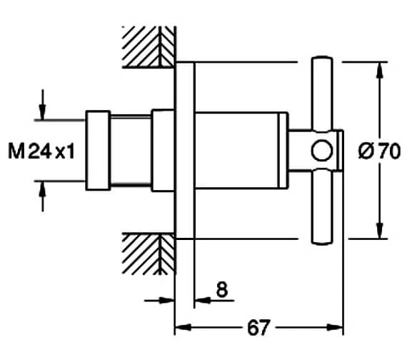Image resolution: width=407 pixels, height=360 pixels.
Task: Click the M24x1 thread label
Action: point(41,151)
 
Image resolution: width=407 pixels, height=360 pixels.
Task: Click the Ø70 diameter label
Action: point(379,151)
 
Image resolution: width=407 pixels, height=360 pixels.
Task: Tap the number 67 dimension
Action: point(258,328)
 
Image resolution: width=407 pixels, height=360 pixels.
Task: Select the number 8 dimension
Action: point(222,289)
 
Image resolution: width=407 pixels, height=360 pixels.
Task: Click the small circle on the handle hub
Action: point(322,151)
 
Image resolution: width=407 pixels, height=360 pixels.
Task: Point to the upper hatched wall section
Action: point(149,46)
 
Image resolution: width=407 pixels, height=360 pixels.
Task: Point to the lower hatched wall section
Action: point(149,254)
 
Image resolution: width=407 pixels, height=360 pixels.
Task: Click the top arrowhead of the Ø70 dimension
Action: point(380,70)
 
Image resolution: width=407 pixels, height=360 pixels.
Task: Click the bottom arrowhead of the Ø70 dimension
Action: point(380,231)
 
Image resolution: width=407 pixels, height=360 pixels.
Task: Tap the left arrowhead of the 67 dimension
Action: point(184,327)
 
